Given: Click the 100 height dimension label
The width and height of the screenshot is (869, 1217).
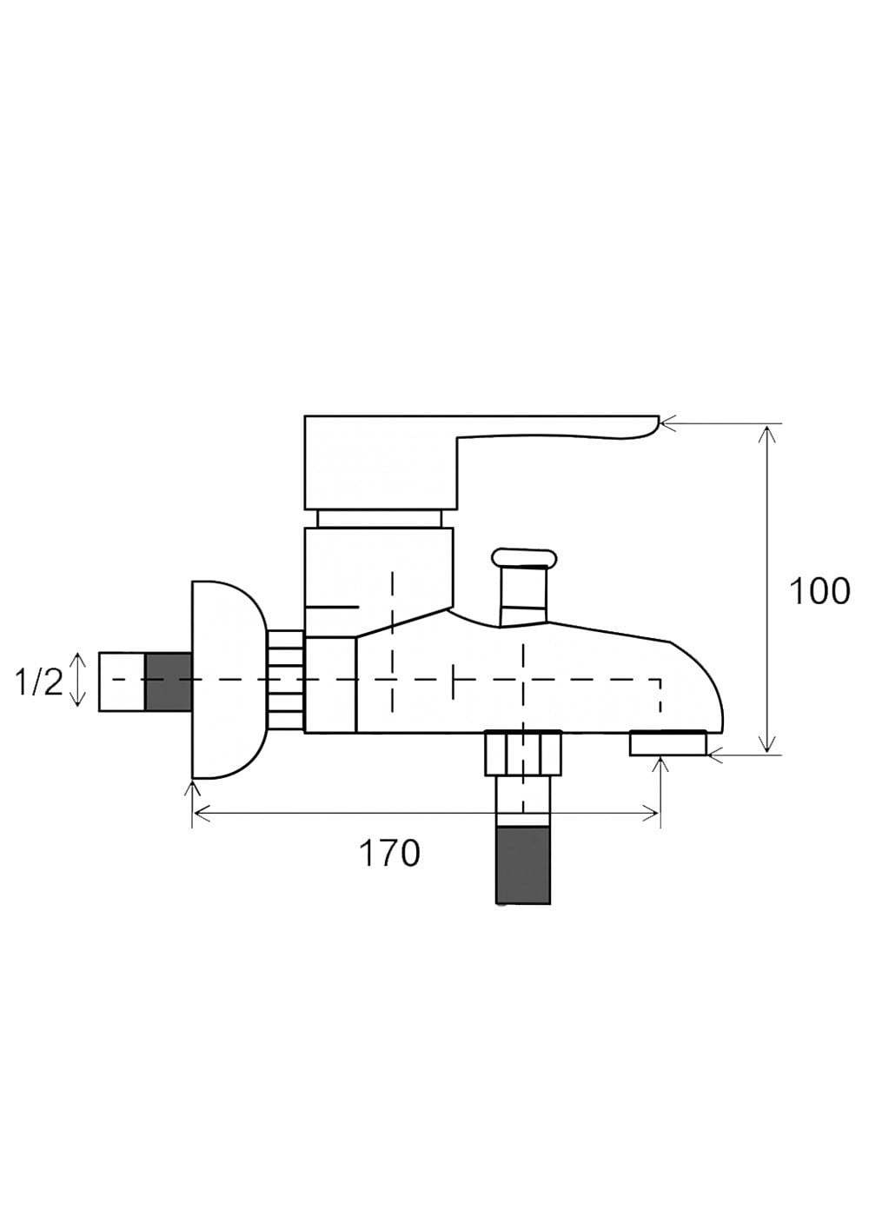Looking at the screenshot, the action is coord(819,591).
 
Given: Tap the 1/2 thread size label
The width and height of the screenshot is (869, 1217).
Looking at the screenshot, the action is coord(39,682).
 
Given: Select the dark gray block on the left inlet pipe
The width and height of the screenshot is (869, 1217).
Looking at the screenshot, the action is coord(169,682).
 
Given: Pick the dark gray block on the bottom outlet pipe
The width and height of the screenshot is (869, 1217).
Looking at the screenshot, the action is coord(523,866).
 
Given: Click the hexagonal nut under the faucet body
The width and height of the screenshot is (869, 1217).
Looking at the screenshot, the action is coord(522,753).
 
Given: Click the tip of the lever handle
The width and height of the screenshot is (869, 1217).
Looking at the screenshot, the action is coord(658,419).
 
